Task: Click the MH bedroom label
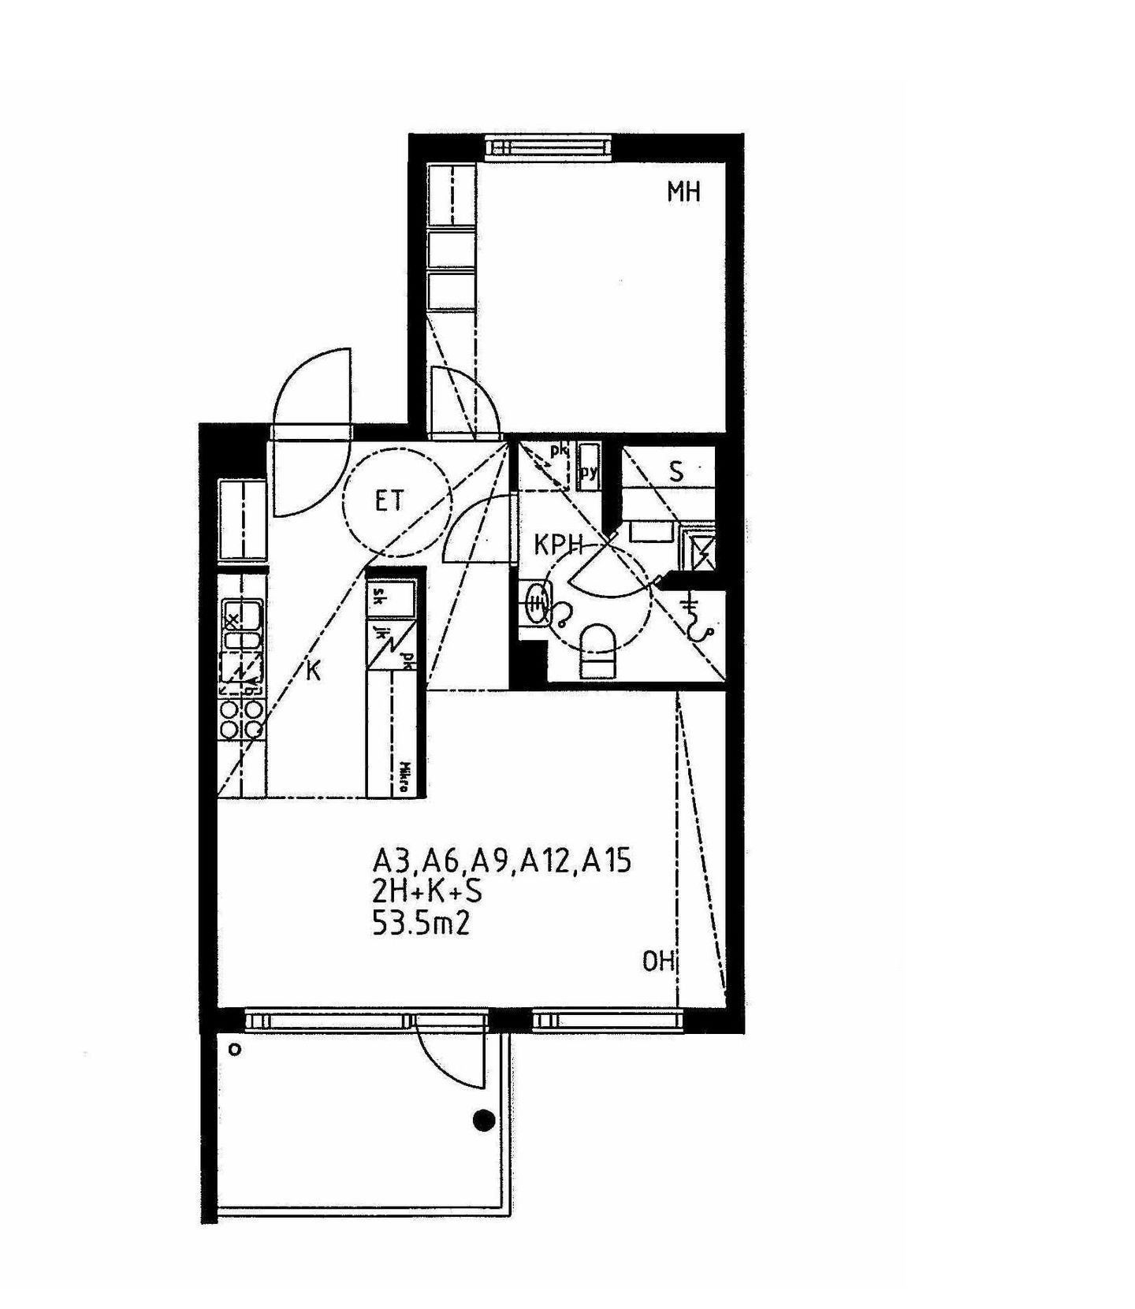click(x=683, y=192)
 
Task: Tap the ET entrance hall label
click(x=389, y=500)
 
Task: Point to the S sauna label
click(x=676, y=472)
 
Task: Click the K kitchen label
click(x=313, y=671)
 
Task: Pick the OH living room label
click(x=658, y=962)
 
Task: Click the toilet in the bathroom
click(x=597, y=651)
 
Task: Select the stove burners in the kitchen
click(x=241, y=720)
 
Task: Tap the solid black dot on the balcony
click(x=483, y=1120)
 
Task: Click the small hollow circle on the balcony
click(x=234, y=1050)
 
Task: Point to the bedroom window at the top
click(x=548, y=147)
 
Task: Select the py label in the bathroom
click(x=589, y=472)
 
